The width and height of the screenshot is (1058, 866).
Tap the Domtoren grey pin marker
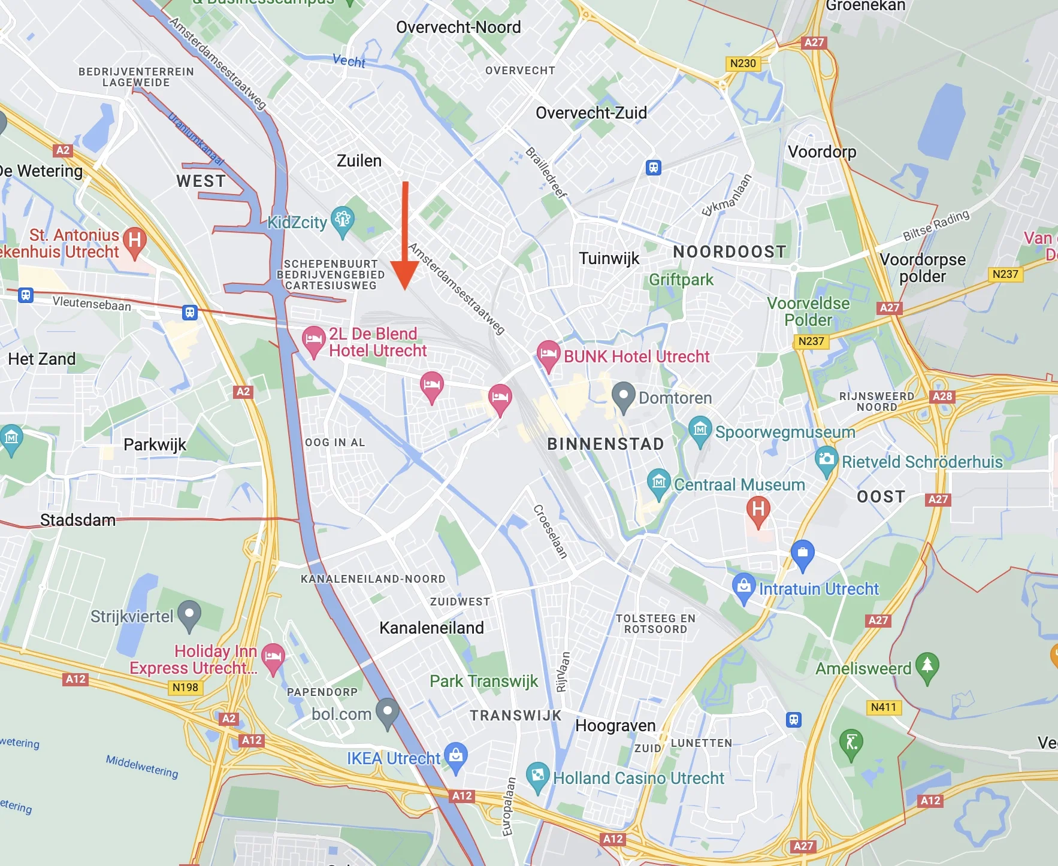point(623,395)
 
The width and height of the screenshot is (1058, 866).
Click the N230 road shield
point(743,63)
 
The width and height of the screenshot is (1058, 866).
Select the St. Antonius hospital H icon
point(135,241)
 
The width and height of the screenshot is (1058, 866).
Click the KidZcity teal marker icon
point(343,220)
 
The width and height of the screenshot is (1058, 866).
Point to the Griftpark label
point(681,280)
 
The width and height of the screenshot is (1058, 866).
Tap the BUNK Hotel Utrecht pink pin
point(548,353)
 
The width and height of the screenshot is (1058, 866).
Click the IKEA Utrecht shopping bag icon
point(456,756)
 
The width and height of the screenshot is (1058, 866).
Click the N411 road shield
point(883,707)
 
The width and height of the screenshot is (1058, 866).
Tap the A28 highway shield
point(942,396)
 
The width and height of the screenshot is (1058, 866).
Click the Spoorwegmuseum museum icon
point(700,429)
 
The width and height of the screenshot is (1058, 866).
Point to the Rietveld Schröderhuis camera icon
point(827,459)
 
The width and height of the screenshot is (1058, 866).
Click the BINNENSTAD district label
point(606,444)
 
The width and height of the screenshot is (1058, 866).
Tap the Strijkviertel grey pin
point(189,614)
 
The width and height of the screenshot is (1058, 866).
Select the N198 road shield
point(185,688)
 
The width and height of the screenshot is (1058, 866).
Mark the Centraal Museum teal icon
point(659,482)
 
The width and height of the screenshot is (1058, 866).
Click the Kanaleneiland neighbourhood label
point(431,628)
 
